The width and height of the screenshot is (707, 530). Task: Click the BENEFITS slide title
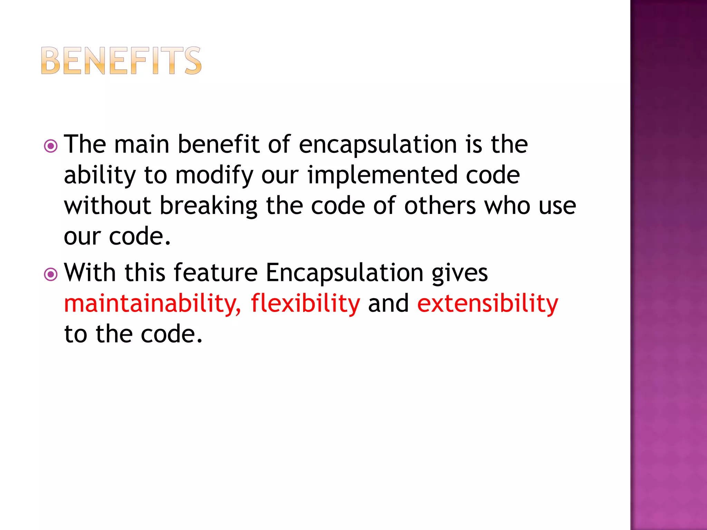click(121, 61)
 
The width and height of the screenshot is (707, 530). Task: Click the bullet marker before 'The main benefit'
click(51, 146)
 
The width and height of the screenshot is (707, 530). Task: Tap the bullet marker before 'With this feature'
click(51, 275)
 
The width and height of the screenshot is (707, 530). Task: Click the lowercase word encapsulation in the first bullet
click(378, 144)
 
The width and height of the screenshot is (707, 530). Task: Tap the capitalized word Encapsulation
click(345, 273)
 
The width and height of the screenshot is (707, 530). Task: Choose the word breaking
click(209, 206)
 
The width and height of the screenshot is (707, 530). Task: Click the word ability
click(100, 175)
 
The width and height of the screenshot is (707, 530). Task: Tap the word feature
click(215, 273)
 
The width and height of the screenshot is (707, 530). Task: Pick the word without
click(107, 206)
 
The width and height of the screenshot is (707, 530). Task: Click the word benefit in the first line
click(218, 144)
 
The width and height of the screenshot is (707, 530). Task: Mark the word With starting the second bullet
click(90, 273)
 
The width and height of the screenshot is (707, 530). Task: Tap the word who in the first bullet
click(507, 206)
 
